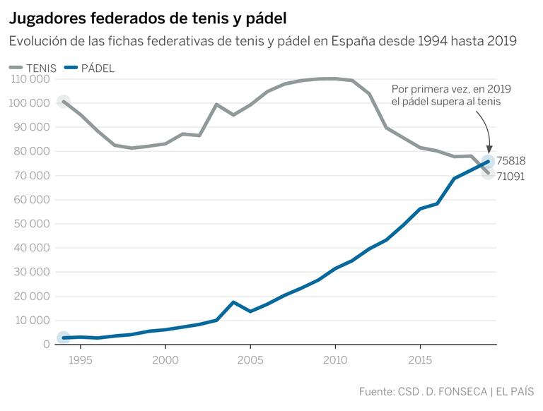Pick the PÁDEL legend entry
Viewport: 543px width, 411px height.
[88, 68]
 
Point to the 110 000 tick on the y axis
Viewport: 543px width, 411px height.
[30, 79]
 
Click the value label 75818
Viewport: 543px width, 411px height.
[510, 161]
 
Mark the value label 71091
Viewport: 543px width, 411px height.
[510, 177]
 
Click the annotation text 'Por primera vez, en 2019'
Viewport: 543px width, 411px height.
[451, 88]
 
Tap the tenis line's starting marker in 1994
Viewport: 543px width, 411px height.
[64, 102]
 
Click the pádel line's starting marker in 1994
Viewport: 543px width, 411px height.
[64, 338]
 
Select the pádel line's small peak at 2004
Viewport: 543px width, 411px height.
[233, 302]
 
